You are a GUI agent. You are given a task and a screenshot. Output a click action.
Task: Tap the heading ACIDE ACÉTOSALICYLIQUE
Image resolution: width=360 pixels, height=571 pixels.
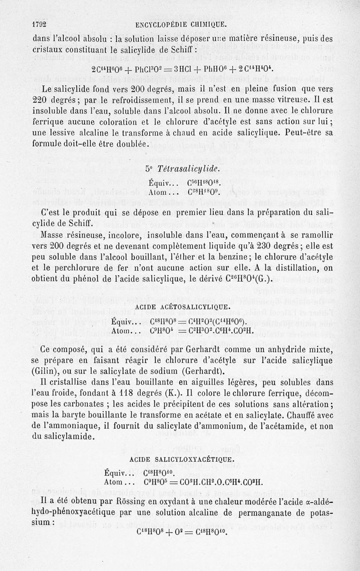coord(180,308)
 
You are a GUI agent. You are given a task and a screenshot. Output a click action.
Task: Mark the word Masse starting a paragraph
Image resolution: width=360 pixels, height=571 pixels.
coord(55,234)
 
